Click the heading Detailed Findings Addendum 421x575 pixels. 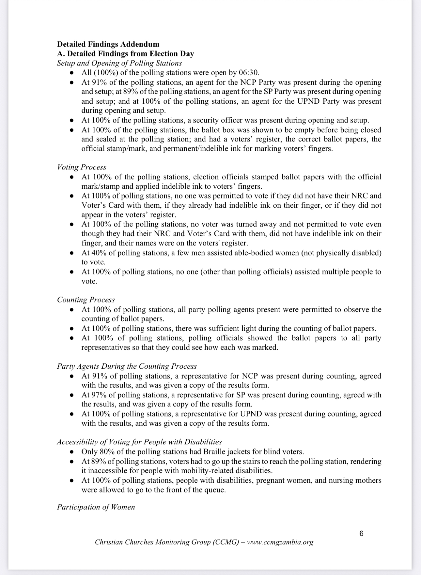pos(108,44)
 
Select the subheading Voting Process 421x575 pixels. pos(82,167)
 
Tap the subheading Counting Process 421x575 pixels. pos(86,300)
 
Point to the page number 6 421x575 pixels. pos(361,534)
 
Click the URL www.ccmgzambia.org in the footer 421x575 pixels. pos(280,542)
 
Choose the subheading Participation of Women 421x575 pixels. pos(96,507)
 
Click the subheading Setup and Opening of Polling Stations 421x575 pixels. pos(119,63)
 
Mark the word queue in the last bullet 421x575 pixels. pos(214,490)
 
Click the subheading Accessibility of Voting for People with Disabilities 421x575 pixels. pos(139,442)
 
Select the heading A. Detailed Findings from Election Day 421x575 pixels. pos(125,53)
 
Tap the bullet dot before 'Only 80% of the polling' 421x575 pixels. pos(72,452)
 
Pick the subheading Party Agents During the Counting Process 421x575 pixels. pos(127,366)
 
